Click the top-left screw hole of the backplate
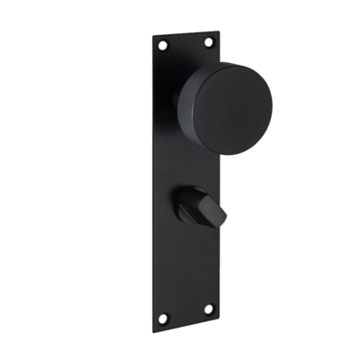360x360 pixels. click(162, 44)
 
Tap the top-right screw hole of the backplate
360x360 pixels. click(209, 40)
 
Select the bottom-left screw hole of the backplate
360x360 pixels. click(163, 316)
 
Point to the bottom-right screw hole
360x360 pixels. click(209, 309)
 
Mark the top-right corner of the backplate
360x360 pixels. click(220, 30)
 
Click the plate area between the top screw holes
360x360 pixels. click(185, 42)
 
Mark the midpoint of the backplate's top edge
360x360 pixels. click(185, 30)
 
